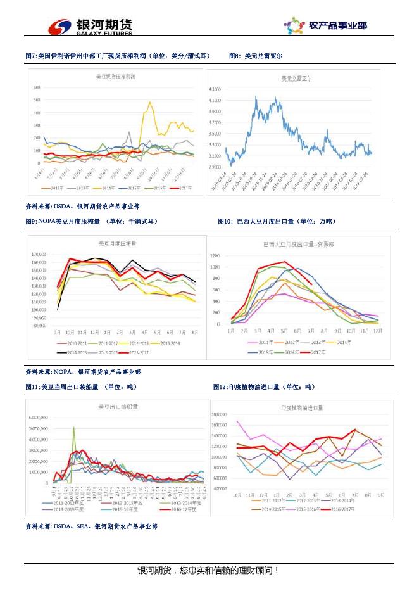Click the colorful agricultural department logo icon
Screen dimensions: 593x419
294,26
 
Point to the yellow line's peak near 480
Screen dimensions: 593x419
150,102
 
